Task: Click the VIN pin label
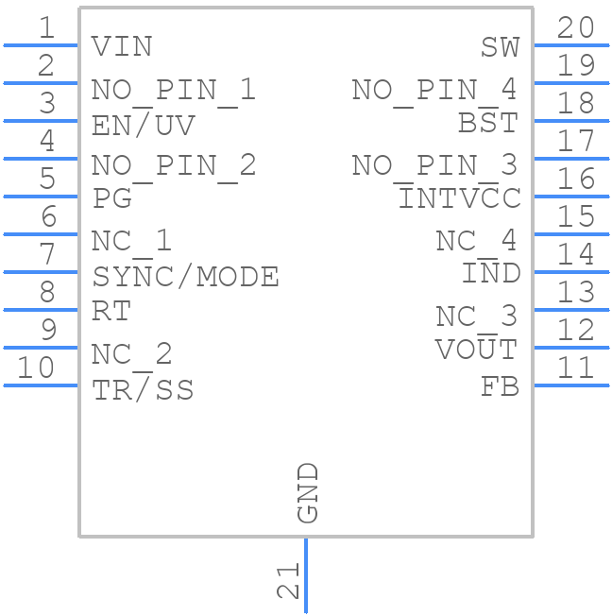pos(122,46)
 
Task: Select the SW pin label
pos(500,46)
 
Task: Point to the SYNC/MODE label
pos(185,277)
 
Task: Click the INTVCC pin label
pos(459,199)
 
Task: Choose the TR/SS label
pos(143,390)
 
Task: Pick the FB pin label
pos(500,386)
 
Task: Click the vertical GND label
pos(308,492)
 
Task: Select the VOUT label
pos(476,350)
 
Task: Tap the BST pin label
pos(488,123)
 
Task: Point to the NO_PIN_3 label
pos(434,165)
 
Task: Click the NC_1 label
pos(131,241)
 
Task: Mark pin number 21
pos(289,580)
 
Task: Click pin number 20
pos(575,28)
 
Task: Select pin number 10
pos(37,368)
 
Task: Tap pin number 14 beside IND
pos(575,255)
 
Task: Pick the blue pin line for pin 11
pos(570,385)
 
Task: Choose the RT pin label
pos(111,311)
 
